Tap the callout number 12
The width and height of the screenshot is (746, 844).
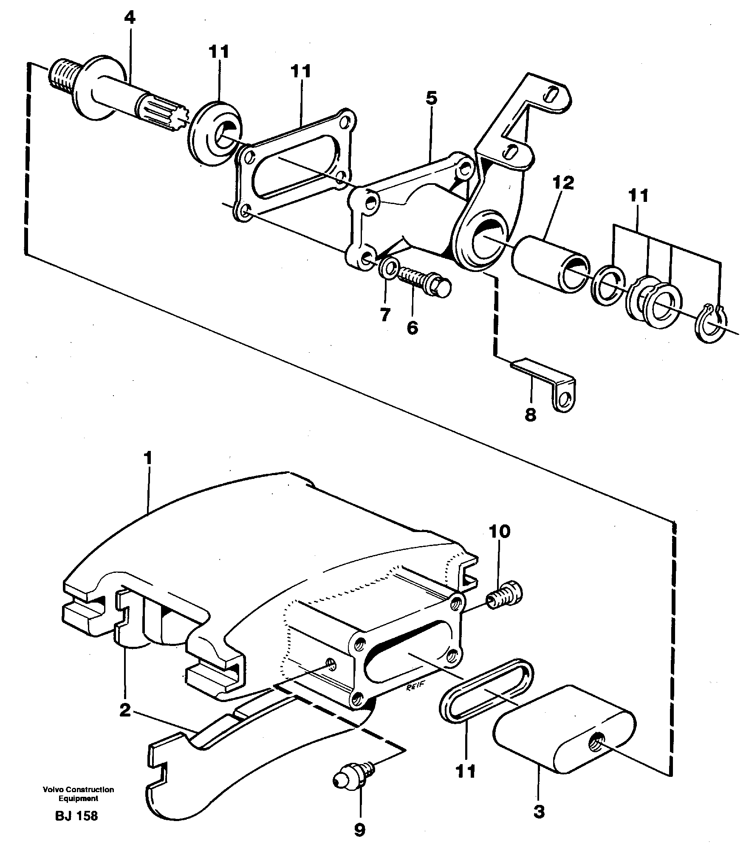(x=563, y=183)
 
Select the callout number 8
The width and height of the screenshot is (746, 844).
(x=531, y=414)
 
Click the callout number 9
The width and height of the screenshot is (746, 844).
(x=359, y=829)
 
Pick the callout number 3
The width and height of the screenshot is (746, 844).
(x=538, y=812)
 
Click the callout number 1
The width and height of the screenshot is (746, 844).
(x=147, y=459)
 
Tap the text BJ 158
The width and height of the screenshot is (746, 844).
(x=76, y=816)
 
